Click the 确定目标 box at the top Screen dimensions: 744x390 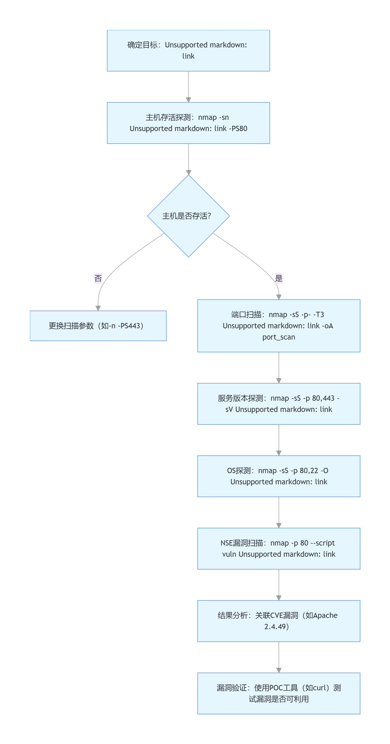point(188,51)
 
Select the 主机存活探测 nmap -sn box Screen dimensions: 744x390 point(188,123)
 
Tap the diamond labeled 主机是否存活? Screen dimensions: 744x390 point(188,216)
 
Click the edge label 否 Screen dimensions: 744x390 point(98,278)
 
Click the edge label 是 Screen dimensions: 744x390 point(279,278)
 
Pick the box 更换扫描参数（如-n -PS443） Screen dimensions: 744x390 point(98,326)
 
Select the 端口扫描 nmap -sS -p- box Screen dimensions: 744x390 point(279,326)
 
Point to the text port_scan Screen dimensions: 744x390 point(279,337)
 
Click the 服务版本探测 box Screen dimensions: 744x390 point(279,404)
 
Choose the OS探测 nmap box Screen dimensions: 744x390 point(279,476)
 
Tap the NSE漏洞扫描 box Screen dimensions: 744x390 point(279,549)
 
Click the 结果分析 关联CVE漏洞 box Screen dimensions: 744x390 point(279,621)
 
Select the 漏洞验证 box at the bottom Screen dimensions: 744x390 point(279,693)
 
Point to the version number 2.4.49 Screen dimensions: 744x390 point(275,627)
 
